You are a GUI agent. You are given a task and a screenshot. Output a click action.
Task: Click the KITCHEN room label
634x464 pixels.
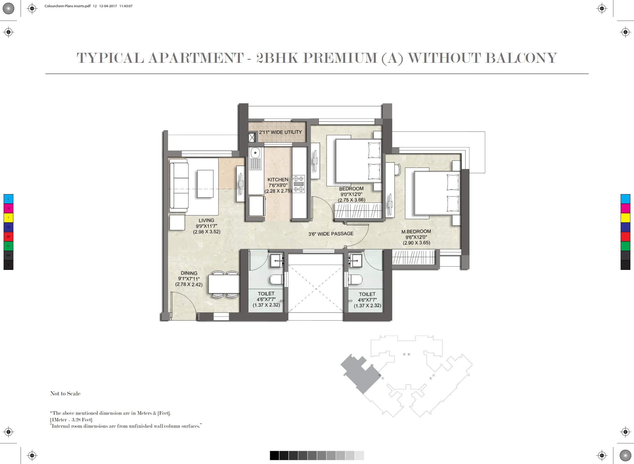click(x=278, y=180)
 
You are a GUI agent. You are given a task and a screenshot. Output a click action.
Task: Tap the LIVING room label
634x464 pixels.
click(x=207, y=220)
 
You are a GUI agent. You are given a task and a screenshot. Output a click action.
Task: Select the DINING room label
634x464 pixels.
click(x=189, y=273)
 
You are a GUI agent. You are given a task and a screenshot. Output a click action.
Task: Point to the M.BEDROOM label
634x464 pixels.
click(x=416, y=232)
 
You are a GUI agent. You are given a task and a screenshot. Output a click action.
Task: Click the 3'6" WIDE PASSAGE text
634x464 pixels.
click(x=331, y=234)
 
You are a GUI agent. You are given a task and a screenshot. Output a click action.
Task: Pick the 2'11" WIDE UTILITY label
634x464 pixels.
click(x=280, y=132)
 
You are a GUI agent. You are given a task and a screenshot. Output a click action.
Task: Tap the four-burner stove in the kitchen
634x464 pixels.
click(x=298, y=184)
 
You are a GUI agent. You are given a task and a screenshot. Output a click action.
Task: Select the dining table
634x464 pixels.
click(x=224, y=284)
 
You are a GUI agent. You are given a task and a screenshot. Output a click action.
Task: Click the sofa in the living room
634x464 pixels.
click(x=179, y=186)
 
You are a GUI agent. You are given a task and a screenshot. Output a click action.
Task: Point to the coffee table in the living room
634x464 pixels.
click(x=205, y=184)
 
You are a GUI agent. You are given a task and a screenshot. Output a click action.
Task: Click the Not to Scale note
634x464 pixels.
click(x=65, y=393)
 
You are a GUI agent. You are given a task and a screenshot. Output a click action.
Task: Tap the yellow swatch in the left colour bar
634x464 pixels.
click(x=8, y=218)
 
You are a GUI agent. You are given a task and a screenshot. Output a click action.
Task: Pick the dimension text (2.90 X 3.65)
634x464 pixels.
click(x=416, y=243)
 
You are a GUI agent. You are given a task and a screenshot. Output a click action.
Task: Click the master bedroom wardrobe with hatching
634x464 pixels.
click(x=414, y=257)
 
